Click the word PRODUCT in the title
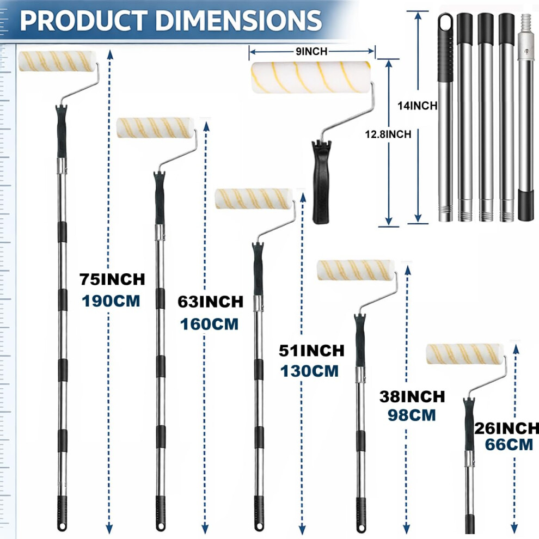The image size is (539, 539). click(82, 21)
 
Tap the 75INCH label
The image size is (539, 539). click(112, 279)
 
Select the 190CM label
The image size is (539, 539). click(111, 301)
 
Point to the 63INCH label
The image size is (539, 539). click(210, 302)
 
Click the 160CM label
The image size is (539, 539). click(209, 324)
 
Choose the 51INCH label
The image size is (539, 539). click(311, 351)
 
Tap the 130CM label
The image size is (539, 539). click(309, 371)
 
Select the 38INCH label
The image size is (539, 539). click(412, 397)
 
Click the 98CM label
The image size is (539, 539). click(412, 415)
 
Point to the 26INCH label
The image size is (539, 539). click(507, 428)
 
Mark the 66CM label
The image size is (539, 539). click(509, 444)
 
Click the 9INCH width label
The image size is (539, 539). click(311, 52)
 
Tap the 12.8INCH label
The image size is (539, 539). click(388, 134)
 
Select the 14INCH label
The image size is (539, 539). click(417, 106)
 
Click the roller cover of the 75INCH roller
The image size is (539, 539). click(57, 62)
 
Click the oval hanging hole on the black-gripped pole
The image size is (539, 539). click(445, 23)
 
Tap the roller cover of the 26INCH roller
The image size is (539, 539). click(465, 353)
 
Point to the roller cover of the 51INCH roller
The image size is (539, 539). click(254, 199)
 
